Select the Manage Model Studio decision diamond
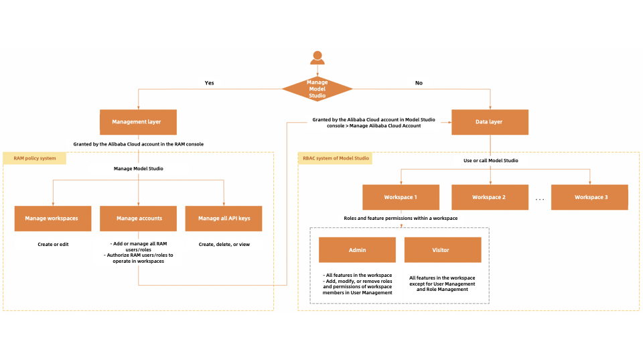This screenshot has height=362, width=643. (x=317, y=89)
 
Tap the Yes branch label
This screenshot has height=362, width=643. (x=209, y=83)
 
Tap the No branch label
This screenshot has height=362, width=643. (x=419, y=83)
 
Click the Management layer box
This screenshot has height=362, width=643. (x=139, y=123)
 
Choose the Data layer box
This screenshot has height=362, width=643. (x=490, y=123)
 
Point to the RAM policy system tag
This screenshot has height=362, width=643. (x=35, y=158)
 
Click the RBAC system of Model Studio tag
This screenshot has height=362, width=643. (x=335, y=158)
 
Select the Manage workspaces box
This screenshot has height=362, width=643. (x=52, y=218)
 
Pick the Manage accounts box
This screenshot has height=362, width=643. (x=139, y=218)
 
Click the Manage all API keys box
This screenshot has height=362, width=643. (x=224, y=218)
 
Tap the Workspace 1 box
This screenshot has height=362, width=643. (x=401, y=197)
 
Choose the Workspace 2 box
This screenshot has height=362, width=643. (x=489, y=197)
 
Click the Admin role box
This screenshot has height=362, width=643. (x=357, y=250)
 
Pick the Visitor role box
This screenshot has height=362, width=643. (x=443, y=250)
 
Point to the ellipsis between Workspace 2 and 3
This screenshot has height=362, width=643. (x=540, y=199)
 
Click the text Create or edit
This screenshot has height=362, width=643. (x=53, y=244)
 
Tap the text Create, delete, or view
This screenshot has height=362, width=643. (x=224, y=244)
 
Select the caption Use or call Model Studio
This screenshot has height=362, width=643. (x=490, y=161)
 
